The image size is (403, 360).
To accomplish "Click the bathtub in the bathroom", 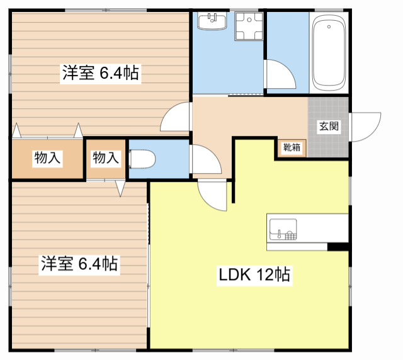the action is (329, 53).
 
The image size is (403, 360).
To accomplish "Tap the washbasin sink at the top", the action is (212, 21).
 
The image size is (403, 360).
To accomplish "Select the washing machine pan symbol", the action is (249, 26).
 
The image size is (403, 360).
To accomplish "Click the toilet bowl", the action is (142, 159).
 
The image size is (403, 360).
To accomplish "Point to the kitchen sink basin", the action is (283, 229).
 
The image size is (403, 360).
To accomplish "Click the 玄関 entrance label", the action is (329, 126).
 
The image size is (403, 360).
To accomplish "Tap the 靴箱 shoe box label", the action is (292, 147).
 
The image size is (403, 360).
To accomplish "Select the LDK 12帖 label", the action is (254, 274).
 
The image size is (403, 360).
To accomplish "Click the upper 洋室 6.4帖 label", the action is (101, 73).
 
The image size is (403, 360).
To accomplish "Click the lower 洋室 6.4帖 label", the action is (79, 264).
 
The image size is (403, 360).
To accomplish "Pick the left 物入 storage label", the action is (47, 157).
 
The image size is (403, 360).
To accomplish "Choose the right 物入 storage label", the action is (106, 157).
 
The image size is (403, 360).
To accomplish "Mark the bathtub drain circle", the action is (329, 26).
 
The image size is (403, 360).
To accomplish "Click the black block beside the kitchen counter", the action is (338, 247).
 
